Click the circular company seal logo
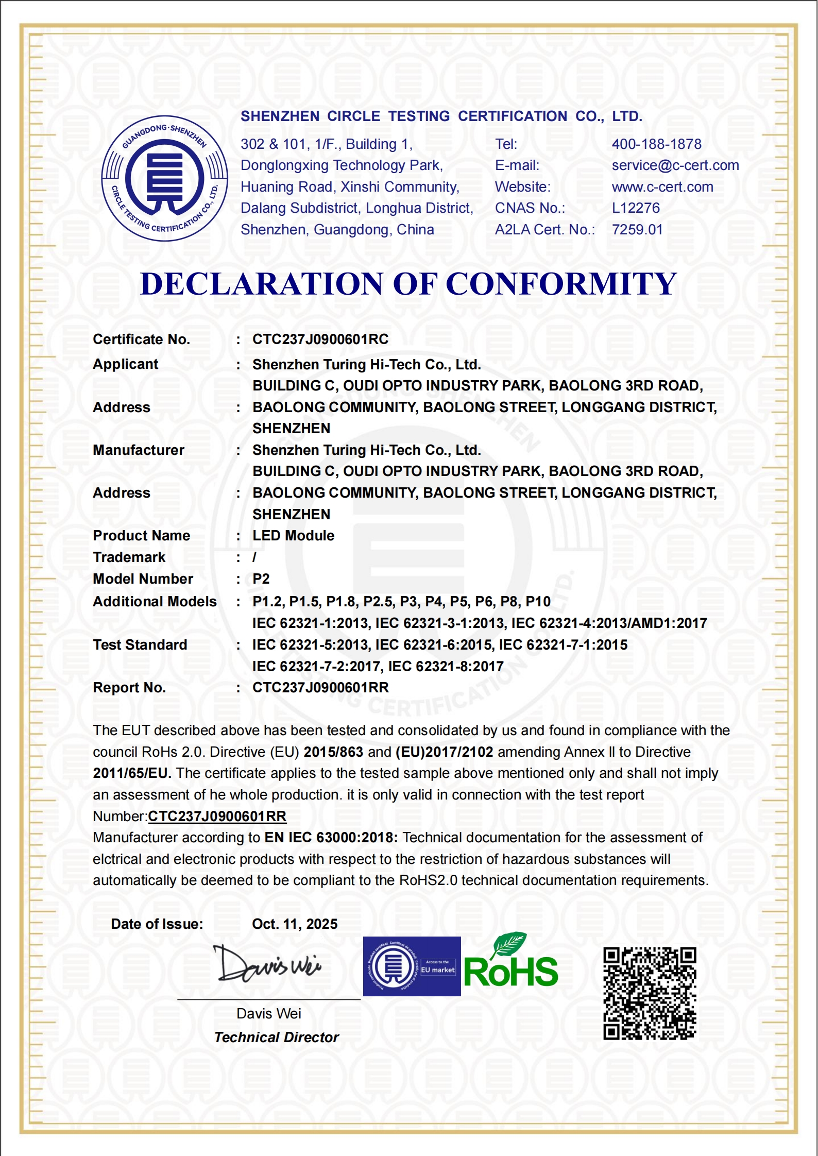click(165, 178)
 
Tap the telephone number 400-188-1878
click(656, 144)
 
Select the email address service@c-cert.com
click(675, 165)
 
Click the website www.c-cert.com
click(662, 187)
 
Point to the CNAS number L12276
click(636, 208)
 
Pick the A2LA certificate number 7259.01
click(637, 230)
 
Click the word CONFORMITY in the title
click(561, 284)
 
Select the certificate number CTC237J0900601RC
click(320, 339)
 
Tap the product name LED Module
click(293, 536)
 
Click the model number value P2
click(261, 579)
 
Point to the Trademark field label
click(129, 557)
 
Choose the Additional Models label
click(155, 602)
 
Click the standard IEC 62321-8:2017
click(446, 667)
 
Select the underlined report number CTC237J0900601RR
click(217, 817)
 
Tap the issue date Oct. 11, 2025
click(295, 924)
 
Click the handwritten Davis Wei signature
click(267, 964)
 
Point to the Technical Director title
click(277, 1038)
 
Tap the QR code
click(650, 993)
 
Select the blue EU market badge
click(412, 966)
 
